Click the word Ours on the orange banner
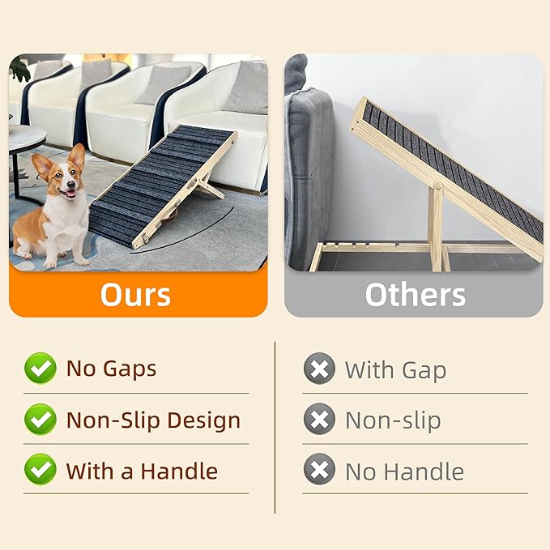(x=135, y=294)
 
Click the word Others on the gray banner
(x=415, y=294)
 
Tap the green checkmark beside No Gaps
(x=40, y=369)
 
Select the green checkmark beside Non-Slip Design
(x=40, y=420)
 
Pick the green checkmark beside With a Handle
(x=40, y=471)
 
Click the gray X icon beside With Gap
(x=319, y=369)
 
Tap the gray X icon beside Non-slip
(x=319, y=420)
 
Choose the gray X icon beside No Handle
(x=319, y=471)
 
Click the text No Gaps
(x=111, y=369)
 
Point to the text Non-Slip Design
(x=153, y=420)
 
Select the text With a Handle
(x=142, y=471)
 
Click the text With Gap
(x=395, y=370)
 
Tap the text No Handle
(x=404, y=471)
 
